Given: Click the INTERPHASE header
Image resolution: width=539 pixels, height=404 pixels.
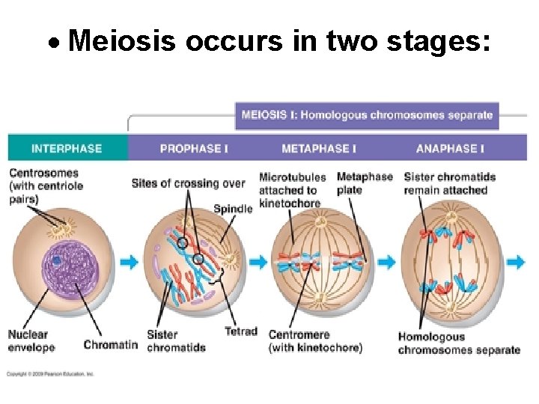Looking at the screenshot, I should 66,148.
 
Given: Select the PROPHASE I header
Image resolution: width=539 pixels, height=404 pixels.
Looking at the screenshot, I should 194,148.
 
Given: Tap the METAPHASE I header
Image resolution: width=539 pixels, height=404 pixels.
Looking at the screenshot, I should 318,148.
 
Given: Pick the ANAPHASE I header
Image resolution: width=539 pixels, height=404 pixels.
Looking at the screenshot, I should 449,148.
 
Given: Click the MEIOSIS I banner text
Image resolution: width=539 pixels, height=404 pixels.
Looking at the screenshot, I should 367,115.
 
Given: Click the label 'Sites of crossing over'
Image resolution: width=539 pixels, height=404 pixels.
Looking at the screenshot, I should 188,183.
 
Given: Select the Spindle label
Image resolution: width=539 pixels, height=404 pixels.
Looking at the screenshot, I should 233,209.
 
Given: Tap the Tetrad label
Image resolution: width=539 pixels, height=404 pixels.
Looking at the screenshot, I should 240,331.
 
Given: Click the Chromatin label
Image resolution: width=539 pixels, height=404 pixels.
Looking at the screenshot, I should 110,345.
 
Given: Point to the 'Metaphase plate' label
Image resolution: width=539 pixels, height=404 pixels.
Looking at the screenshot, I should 365,183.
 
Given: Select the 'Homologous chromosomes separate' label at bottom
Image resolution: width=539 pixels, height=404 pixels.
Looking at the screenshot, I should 458,343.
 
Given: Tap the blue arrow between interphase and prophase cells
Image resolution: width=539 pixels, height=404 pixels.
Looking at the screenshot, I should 129,262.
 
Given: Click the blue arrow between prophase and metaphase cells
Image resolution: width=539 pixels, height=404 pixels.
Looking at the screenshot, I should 258,262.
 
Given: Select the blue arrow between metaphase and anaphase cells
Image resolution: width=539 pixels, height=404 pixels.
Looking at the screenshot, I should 386,262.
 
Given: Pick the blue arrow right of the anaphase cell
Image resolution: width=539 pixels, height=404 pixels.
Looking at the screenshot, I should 516,262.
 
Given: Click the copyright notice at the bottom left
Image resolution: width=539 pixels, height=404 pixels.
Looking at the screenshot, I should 51,373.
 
